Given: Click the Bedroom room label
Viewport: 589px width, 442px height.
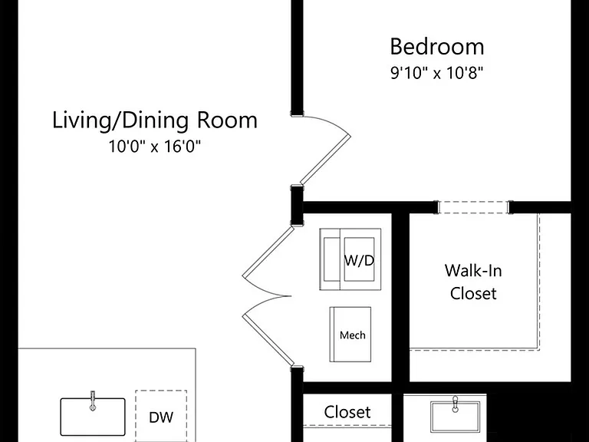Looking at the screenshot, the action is coord(437,47).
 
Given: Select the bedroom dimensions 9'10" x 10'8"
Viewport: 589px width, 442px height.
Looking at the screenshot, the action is coord(436,72).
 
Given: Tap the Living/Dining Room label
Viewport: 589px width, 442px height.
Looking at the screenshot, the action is coord(155,121).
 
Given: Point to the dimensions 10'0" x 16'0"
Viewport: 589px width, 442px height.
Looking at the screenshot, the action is coord(155,146).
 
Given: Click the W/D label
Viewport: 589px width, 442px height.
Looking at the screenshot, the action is coord(359,260).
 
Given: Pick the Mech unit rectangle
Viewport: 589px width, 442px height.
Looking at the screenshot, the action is coord(350,335).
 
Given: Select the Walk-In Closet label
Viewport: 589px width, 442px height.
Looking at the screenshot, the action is coord(473,282).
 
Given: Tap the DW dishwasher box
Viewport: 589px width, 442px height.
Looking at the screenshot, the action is coord(161,416).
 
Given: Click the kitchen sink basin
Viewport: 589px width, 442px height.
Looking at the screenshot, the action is coord(93,417).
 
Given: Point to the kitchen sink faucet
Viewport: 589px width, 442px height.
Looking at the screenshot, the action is coord(93,401).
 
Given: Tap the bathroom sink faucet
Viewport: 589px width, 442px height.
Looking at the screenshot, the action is coord(456,404).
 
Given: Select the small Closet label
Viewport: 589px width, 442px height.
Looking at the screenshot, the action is coord(347,412).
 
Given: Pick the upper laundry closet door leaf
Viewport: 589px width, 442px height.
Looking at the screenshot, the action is coord(268,252).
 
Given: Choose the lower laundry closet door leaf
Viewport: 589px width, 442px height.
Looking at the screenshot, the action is coord(268,339).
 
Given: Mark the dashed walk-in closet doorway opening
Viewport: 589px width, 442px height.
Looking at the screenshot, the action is coord(473,207).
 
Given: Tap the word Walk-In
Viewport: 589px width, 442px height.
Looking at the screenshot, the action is coord(473,271).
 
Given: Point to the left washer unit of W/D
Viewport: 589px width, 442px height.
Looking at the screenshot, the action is coord(331,259).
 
